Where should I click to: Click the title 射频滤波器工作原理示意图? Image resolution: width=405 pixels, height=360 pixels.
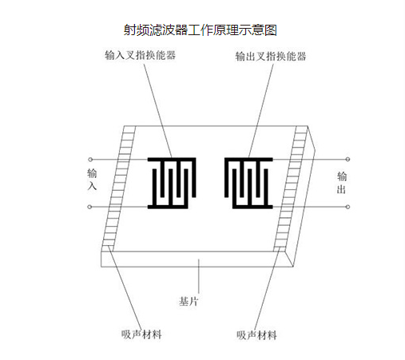[201, 30]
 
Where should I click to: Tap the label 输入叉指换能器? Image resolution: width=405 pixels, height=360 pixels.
[140, 55]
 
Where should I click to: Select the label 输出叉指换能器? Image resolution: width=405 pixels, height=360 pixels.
[271, 57]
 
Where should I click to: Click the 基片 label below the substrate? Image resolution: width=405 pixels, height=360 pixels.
[189, 302]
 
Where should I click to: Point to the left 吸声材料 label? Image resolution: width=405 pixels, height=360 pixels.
[141, 334]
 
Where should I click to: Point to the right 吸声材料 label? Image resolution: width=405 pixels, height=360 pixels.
[256, 335]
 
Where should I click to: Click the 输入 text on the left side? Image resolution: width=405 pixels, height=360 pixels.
[92, 179]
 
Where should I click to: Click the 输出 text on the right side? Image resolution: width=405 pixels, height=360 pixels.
[342, 183]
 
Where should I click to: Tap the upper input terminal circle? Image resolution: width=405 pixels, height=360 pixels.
[90, 160]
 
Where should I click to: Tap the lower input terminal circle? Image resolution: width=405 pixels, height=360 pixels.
[89, 207]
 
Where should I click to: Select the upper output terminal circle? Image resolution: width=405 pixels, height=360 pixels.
[347, 160]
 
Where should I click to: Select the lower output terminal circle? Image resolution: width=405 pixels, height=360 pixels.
[347, 207]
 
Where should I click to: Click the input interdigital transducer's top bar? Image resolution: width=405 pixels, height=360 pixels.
[172, 160]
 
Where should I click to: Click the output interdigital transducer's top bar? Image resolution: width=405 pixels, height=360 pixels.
[248, 160]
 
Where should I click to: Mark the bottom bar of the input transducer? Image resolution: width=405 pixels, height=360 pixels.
[168, 207]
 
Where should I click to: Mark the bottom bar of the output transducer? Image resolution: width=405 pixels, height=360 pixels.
[252, 207]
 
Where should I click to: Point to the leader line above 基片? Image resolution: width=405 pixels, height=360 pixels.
[199, 276]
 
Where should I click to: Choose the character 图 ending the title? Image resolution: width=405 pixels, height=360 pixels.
[271, 30]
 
